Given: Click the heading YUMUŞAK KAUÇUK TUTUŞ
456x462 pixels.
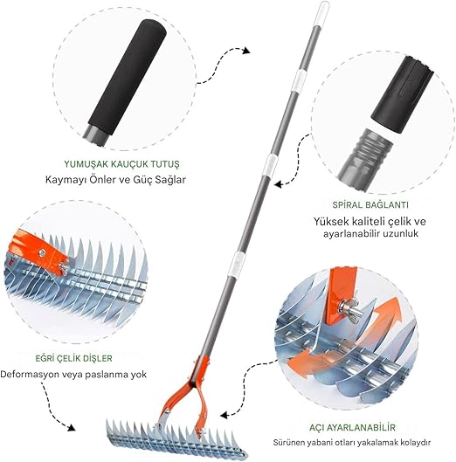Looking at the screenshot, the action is (x=121, y=164).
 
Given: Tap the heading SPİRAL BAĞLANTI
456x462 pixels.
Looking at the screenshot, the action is (x=370, y=204).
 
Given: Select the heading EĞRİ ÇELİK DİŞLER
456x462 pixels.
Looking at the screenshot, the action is (x=74, y=358).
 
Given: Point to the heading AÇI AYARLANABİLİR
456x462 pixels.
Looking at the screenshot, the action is (x=352, y=427).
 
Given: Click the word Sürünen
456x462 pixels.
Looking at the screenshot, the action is (x=288, y=442).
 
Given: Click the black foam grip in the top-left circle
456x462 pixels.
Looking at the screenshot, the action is (x=127, y=77).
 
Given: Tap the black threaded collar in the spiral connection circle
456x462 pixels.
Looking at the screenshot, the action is (x=402, y=93).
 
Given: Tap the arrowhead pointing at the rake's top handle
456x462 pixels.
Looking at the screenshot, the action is (x=246, y=51).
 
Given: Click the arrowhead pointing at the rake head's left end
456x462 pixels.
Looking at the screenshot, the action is (x=71, y=427).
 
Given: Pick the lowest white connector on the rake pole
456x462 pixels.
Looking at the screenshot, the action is (x=238, y=262).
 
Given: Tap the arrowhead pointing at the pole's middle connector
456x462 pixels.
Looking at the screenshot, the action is (x=279, y=184).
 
